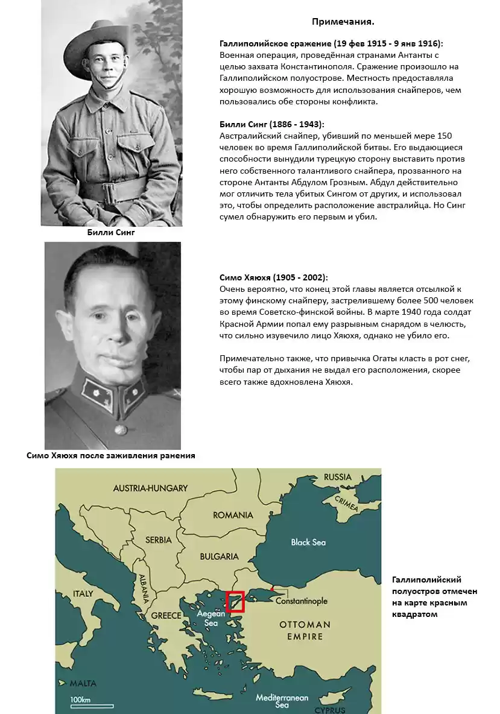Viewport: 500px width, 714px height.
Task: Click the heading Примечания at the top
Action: (343, 22)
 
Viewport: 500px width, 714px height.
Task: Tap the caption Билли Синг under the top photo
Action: (112, 232)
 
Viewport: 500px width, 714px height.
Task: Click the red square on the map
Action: (235, 602)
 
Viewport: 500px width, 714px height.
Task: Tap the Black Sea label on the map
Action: (308, 542)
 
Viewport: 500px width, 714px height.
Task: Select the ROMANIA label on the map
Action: (233, 515)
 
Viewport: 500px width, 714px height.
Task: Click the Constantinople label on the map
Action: (301, 601)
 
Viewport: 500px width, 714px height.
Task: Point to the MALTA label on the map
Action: (83, 683)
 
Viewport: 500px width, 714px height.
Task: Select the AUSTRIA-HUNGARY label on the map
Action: (150, 488)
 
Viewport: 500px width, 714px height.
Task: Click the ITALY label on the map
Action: (83, 593)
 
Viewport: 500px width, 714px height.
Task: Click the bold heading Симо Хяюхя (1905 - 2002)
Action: (274, 277)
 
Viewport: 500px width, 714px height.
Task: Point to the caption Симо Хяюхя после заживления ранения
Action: (111, 455)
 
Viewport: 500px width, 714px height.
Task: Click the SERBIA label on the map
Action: (159, 540)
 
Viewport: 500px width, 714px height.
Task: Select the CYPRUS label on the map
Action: (346, 710)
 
